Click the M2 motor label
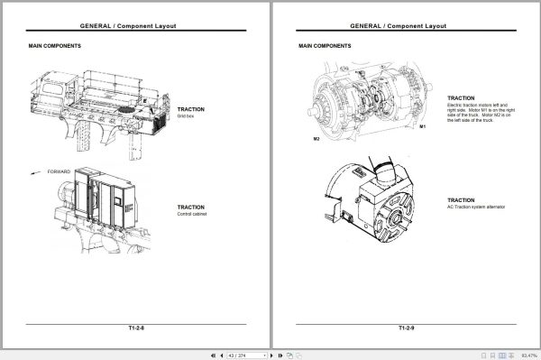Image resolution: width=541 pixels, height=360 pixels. (x=316, y=140)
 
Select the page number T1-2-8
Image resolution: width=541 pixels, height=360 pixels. (x=135, y=329)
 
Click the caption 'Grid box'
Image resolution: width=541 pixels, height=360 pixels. (x=186, y=116)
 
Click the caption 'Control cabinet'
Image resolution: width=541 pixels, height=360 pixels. (x=191, y=214)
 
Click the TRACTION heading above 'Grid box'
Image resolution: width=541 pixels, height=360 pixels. (x=190, y=108)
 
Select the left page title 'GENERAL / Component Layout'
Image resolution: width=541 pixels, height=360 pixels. (x=135, y=26)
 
